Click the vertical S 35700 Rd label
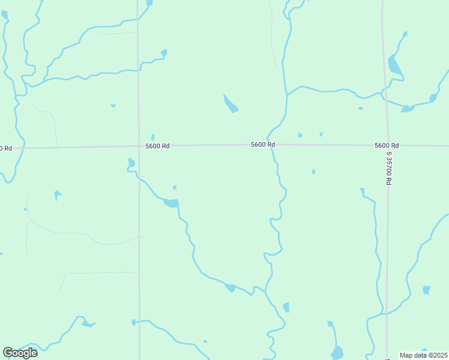tap(389, 167)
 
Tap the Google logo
tap(20, 352)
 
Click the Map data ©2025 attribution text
tap(424, 355)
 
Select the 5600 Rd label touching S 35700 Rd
tap(387, 146)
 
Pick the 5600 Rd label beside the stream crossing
tap(263, 145)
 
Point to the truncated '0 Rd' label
tap(6, 148)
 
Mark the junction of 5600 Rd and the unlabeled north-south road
tap(139, 146)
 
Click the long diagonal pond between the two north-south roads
tap(231, 104)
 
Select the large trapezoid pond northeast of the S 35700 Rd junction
tap(394, 65)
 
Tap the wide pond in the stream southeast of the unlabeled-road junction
tap(171, 203)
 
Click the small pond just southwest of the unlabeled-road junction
tap(131, 162)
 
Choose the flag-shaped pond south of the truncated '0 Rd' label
tap(58, 194)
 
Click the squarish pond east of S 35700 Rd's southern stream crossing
tap(426, 290)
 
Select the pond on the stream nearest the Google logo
tap(88, 324)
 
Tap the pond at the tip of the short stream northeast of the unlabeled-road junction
tap(164, 53)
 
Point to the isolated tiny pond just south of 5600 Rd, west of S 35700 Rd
tap(313, 172)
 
